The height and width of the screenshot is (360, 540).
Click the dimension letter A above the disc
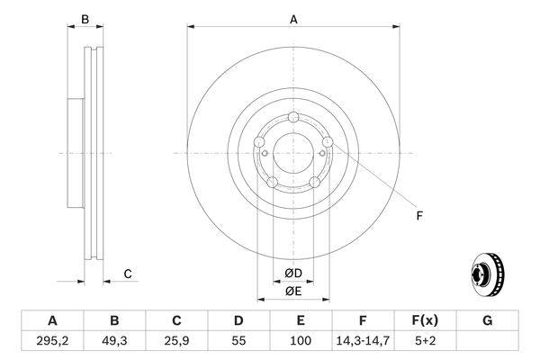click(293, 19)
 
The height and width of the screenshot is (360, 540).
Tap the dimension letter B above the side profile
click(85, 19)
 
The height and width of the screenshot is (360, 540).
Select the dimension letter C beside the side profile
click(128, 274)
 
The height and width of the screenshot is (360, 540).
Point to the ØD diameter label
click(292, 274)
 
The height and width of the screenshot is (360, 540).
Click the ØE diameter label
click(292, 291)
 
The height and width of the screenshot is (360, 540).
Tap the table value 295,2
click(52, 341)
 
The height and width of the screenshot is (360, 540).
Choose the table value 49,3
click(114, 341)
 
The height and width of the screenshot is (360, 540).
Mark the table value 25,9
click(176, 341)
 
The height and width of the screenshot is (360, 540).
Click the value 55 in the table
click(238, 341)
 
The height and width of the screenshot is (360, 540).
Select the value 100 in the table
click(301, 341)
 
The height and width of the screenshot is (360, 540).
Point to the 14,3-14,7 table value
click(363, 341)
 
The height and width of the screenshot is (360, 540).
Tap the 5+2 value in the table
click(426, 341)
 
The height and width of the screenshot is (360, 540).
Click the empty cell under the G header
click(487, 341)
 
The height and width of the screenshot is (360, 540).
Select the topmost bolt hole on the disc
click(293, 117)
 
